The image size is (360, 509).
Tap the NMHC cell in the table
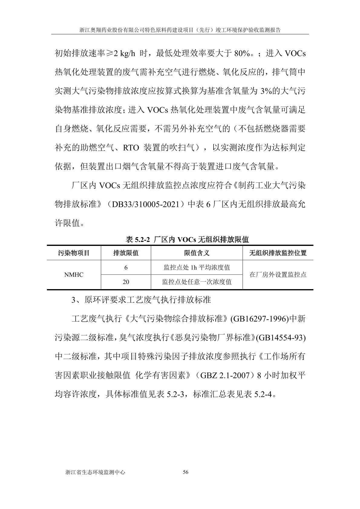coord(74,275)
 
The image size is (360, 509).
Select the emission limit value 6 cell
coord(126,268)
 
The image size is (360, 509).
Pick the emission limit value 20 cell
coord(126,282)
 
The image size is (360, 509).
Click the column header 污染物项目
coord(74,253)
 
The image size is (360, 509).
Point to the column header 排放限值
coord(126,253)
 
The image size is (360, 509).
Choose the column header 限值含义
coord(197,253)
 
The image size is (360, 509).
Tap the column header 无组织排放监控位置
coord(278,253)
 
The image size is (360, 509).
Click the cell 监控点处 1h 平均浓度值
coord(197,268)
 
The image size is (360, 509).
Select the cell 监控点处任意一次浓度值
coord(197,282)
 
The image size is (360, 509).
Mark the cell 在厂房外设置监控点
coord(278,275)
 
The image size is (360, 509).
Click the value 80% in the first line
coord(242,54)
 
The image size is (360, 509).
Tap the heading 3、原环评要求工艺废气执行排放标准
coord(141,300)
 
